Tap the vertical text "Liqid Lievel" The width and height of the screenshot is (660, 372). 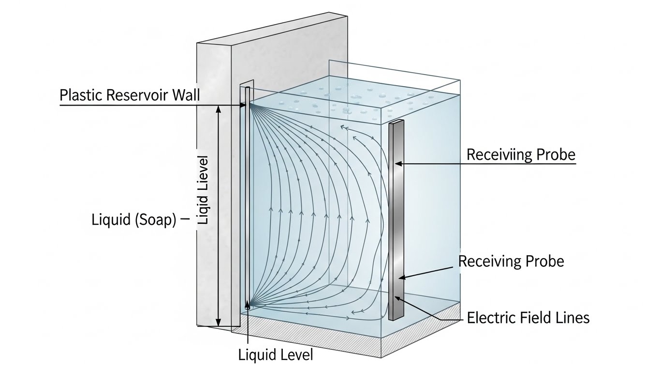[204, 190]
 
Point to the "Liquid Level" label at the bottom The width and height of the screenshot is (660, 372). [276, 355]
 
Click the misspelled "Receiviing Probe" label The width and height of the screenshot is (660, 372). [520, 155]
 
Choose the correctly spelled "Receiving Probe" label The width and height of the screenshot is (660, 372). [511, 262]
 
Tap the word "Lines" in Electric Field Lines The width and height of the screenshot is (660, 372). [572, 318]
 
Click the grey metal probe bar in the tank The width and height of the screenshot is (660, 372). [396, 218]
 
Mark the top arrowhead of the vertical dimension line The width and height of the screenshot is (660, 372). [218, 108]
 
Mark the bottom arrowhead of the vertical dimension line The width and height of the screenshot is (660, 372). [218, 323]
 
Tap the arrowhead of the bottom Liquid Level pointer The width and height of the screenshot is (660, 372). [248, 304]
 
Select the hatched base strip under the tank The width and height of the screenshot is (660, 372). [421, 344]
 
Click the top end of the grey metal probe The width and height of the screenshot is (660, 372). [396, 121]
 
